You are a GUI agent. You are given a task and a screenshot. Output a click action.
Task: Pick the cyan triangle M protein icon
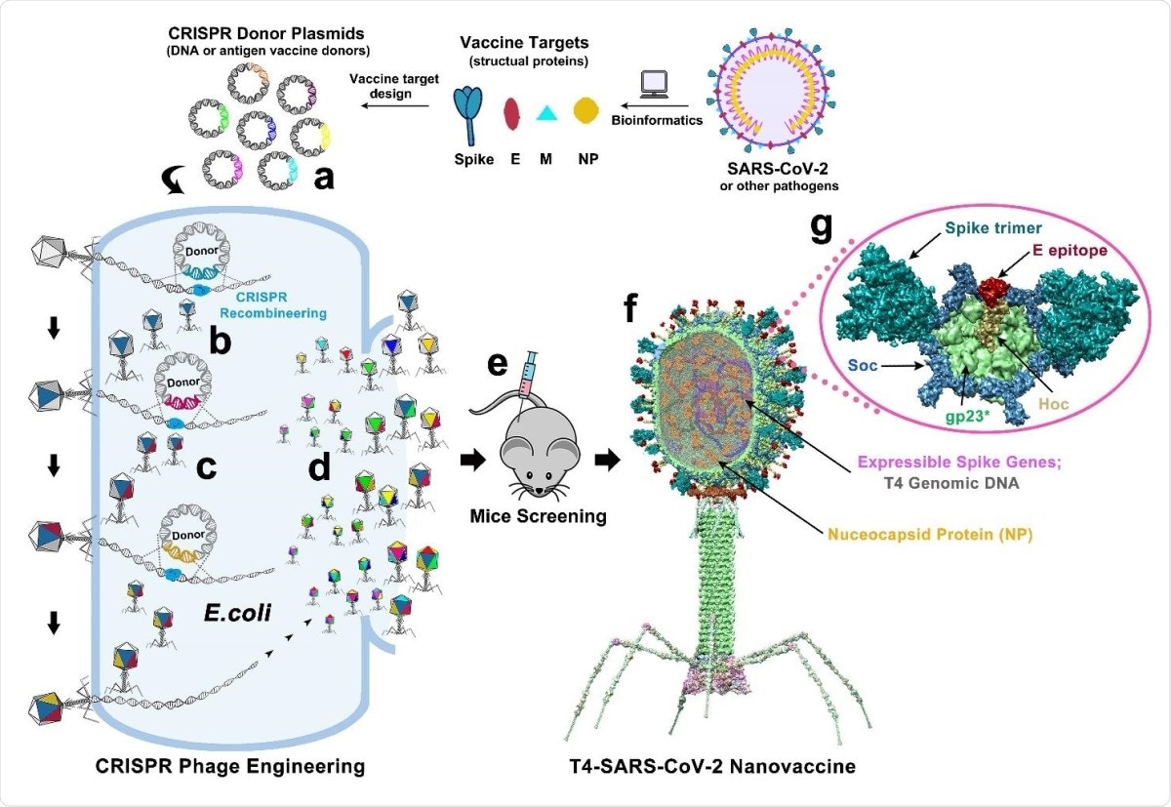pyautogui.click(x=548, y=113)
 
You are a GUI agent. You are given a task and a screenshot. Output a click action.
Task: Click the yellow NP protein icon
pyautogui.click(x=585, y=111)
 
